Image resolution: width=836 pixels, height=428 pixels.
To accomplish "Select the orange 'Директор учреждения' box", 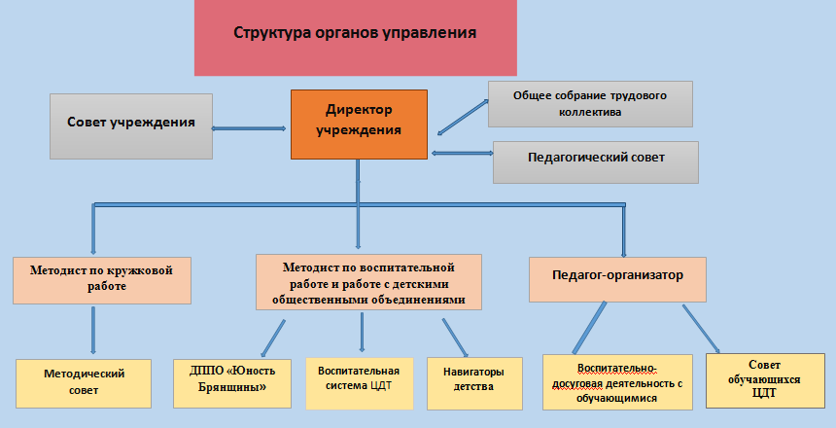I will pos(359,124).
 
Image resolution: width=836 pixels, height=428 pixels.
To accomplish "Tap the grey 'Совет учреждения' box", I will pos(131,125).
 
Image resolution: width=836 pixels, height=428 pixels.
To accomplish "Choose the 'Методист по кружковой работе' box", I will pos(101,280).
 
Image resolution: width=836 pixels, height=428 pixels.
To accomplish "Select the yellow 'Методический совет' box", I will pos(85,382).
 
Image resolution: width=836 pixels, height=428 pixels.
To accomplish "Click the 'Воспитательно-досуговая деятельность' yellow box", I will pos(616,382).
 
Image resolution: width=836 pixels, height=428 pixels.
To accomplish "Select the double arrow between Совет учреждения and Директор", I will pos(252,127).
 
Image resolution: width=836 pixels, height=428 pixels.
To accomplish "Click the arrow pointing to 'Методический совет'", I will pos(93,331).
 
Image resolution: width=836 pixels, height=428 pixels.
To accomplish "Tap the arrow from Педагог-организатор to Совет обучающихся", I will pos(701,330).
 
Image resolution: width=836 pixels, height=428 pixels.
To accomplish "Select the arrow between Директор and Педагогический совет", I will pos(461,153).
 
